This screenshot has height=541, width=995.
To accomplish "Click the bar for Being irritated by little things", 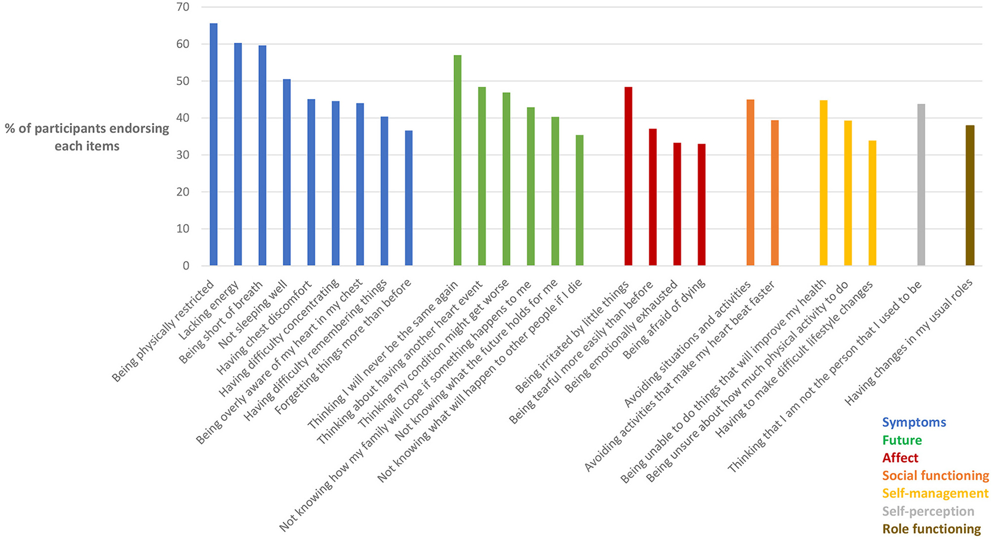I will (x=628, y=176).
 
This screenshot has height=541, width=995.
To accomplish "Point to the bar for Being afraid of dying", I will (x=701, y=205).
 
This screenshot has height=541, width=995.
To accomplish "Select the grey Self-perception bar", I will (x=921, y=185).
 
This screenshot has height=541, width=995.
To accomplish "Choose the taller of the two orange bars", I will (x=750, y=183).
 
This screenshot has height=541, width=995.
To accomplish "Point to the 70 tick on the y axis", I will (x=182, y=7).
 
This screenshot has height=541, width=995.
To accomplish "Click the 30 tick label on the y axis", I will (x=182, y=155).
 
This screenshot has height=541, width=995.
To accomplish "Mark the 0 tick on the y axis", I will (x=186, y=266).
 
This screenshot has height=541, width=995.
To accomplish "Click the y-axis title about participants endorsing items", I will (x=87, y=137).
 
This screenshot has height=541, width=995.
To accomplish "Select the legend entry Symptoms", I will (x=914, y=422).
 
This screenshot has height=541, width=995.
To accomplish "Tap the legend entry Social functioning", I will (x=935, y=476).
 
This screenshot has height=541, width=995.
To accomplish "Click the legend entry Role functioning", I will (x=931, y=529).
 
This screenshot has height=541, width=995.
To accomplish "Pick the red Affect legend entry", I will (x=900, y=458).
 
